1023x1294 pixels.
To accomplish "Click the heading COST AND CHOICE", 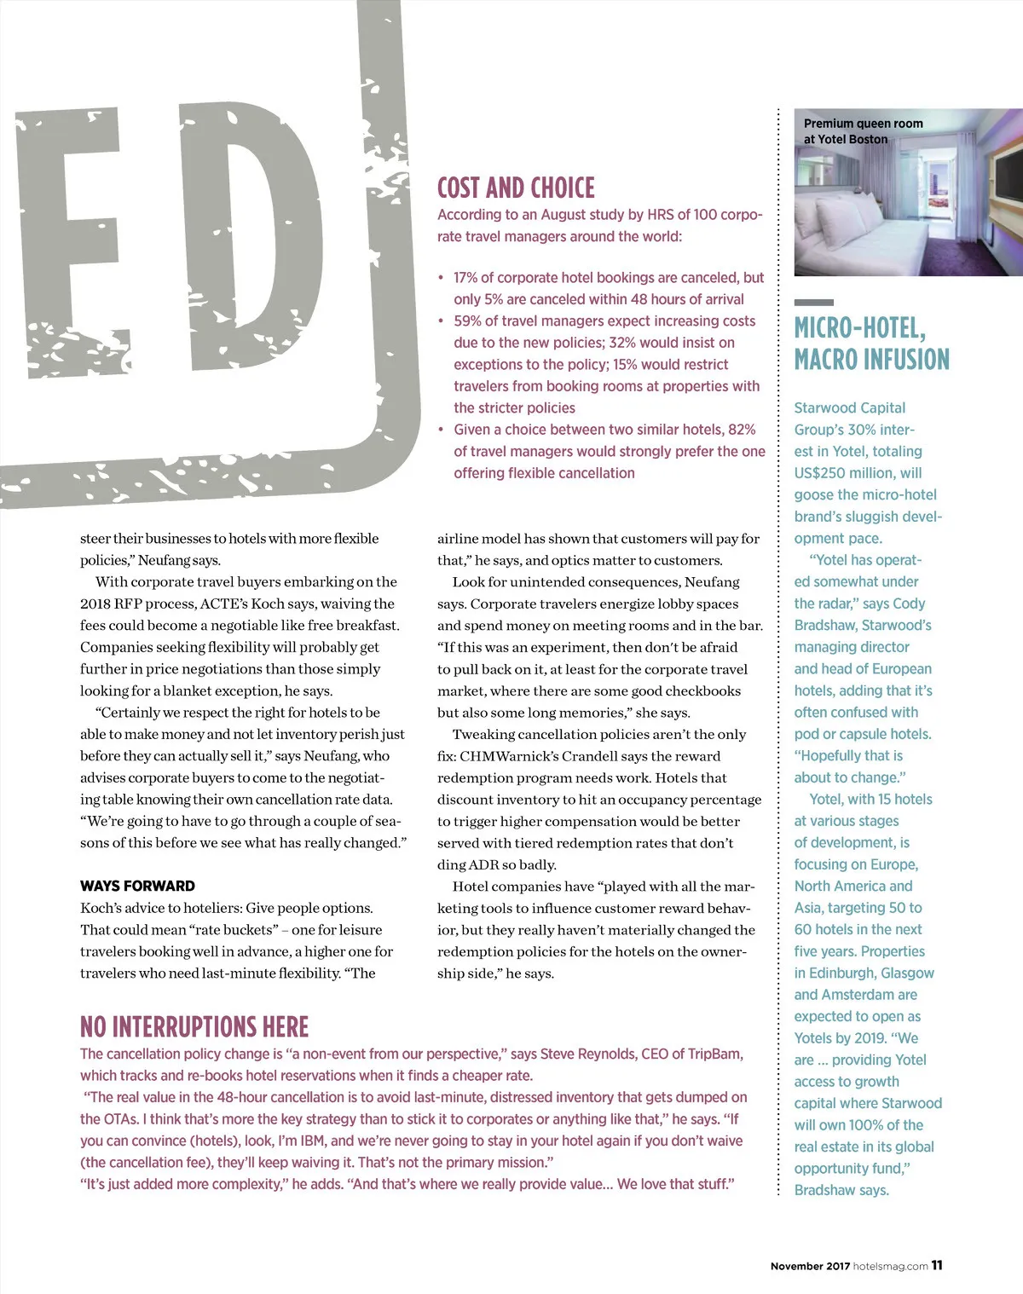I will pos(516,188).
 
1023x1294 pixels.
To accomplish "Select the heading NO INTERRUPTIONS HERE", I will pos(194,1026).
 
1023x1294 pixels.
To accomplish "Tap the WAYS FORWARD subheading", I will pos(137,886).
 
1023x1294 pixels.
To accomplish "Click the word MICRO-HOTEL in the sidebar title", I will pos(859,328).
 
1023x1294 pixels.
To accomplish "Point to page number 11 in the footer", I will pos(937,1265).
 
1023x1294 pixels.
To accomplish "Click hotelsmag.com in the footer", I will pos(890,1266).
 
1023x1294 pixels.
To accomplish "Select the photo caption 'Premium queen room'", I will pos(863,124).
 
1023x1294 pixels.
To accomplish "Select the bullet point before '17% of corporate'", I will pos(441,278).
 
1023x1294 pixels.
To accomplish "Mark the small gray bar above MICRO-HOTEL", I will pos(813,302).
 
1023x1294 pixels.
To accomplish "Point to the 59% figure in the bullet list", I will pos(468,321).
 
